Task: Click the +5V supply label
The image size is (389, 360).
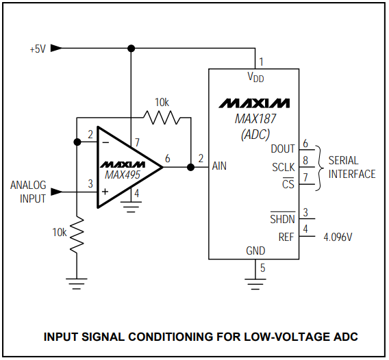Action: point(37,49)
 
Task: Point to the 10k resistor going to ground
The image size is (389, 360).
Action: point(77,235)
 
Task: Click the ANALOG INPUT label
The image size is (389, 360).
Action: point(28,192)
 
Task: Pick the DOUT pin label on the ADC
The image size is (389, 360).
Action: point(283,149)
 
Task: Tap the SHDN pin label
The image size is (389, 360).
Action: point(282,219)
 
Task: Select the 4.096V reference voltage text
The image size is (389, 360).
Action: point(338,237)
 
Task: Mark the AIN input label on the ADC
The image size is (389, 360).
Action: point(218,166)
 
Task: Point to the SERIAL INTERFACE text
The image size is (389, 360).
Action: point(351,168)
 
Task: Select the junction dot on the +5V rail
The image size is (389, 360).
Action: point(131,49)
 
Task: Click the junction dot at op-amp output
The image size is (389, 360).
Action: point(191,166)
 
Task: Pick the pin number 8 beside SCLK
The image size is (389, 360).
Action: point(305,162)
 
